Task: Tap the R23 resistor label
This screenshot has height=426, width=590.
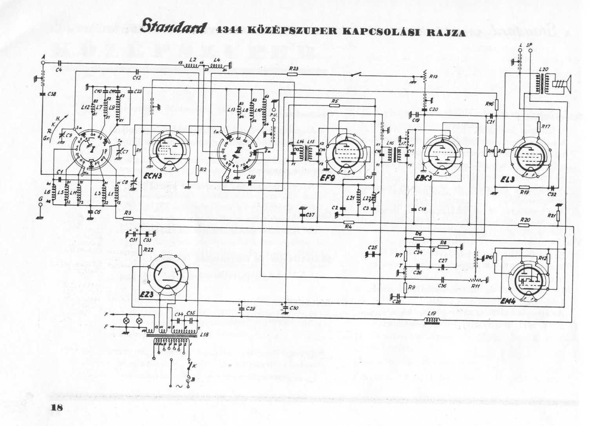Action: coord(293,68)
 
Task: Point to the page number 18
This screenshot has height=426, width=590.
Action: coord(57,408)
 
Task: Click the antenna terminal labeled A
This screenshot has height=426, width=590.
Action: coord(43,57)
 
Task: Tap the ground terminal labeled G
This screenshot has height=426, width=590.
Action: coord(40,199)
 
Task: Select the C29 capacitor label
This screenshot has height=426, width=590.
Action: coord(250,309)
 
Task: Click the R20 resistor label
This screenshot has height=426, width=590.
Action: coord(525,219)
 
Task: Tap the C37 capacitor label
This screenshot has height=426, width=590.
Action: coord(310,214)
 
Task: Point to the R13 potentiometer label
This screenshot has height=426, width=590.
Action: coord(433,77)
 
